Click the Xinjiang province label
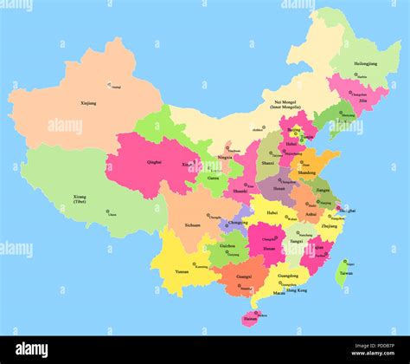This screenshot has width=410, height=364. tap(88, 104)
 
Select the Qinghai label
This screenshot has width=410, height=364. tap(155, 161)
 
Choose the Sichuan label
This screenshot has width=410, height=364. tap(192, 224)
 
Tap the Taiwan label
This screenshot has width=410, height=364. tap(345, 273)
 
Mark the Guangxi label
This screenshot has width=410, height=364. tap(243, 277)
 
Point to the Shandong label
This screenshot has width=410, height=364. tap(307, 172)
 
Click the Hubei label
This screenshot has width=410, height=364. tap(272, 211)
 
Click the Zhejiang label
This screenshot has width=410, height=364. tap(330, 225)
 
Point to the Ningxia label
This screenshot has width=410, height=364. tap(225, 157)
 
